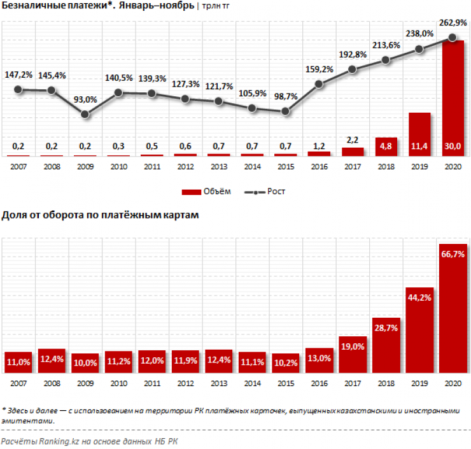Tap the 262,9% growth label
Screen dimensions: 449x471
(452, 24)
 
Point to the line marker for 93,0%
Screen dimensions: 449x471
(85, 115)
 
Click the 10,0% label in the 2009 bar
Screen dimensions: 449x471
(86, 363)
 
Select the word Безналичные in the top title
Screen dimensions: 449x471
(31, 6)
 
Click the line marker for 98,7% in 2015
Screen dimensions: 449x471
(286, 111)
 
